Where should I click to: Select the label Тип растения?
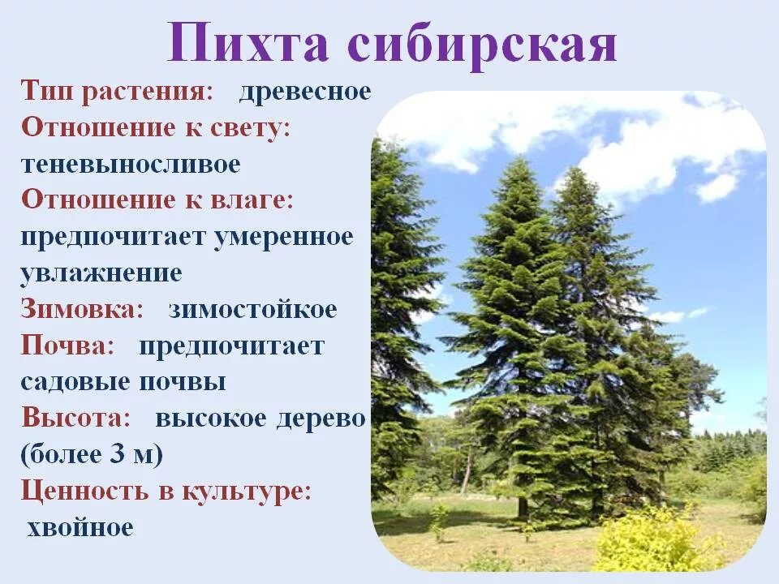pos(118,91)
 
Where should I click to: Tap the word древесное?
pos(305,91)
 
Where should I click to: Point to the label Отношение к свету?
pos(156,127)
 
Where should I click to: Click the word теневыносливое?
pos(131,164)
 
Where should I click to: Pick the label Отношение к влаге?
pos(157,200)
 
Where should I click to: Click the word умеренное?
pos(284,237)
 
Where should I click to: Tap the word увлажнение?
pos(101,273)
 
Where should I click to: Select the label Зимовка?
pos(82,309)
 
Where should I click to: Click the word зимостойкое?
pos(252,309)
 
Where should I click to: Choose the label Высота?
pos(76,419)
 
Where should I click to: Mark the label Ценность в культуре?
pos(166,492)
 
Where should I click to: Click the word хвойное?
pos(80,528)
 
